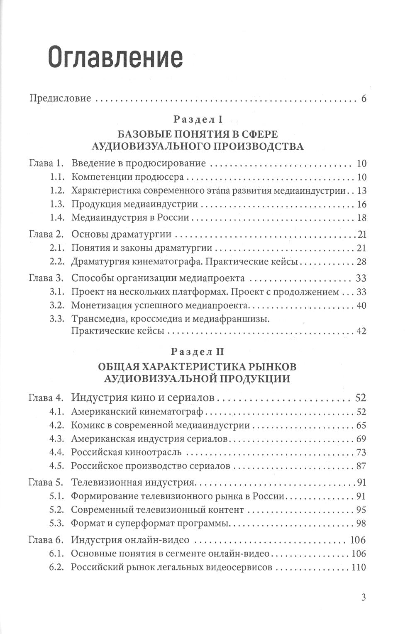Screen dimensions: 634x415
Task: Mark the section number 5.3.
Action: pos(56,523)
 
